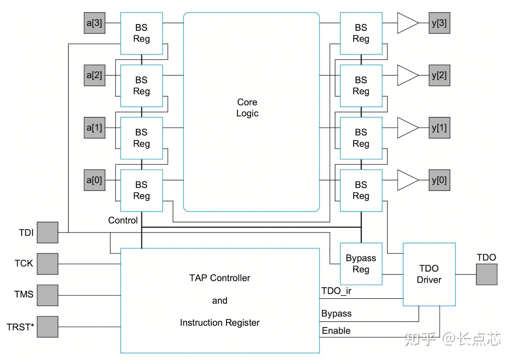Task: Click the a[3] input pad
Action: (94, 23)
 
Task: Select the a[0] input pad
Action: (94, 180)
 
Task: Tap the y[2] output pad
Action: (439, 75)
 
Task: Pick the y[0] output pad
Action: (439, 180)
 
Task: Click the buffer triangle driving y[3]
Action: (406, 23)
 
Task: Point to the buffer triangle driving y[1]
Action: (406, 128)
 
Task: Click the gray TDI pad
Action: (47, 232)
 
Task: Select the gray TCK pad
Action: (47, 264)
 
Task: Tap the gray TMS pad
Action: (47, 295)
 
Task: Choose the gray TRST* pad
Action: (47, 327)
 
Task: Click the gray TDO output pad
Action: (486, 274)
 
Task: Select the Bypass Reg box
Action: (361, 264)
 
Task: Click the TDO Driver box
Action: (429, 274)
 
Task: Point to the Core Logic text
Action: (247, 108)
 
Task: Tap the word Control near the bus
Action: (123, 221)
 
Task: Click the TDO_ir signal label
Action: (336, 291)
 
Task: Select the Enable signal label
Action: (336, 331)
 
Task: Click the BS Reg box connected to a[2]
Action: (141, 86)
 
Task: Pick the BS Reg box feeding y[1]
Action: (361, 138)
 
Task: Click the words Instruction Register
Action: (220, 323)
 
